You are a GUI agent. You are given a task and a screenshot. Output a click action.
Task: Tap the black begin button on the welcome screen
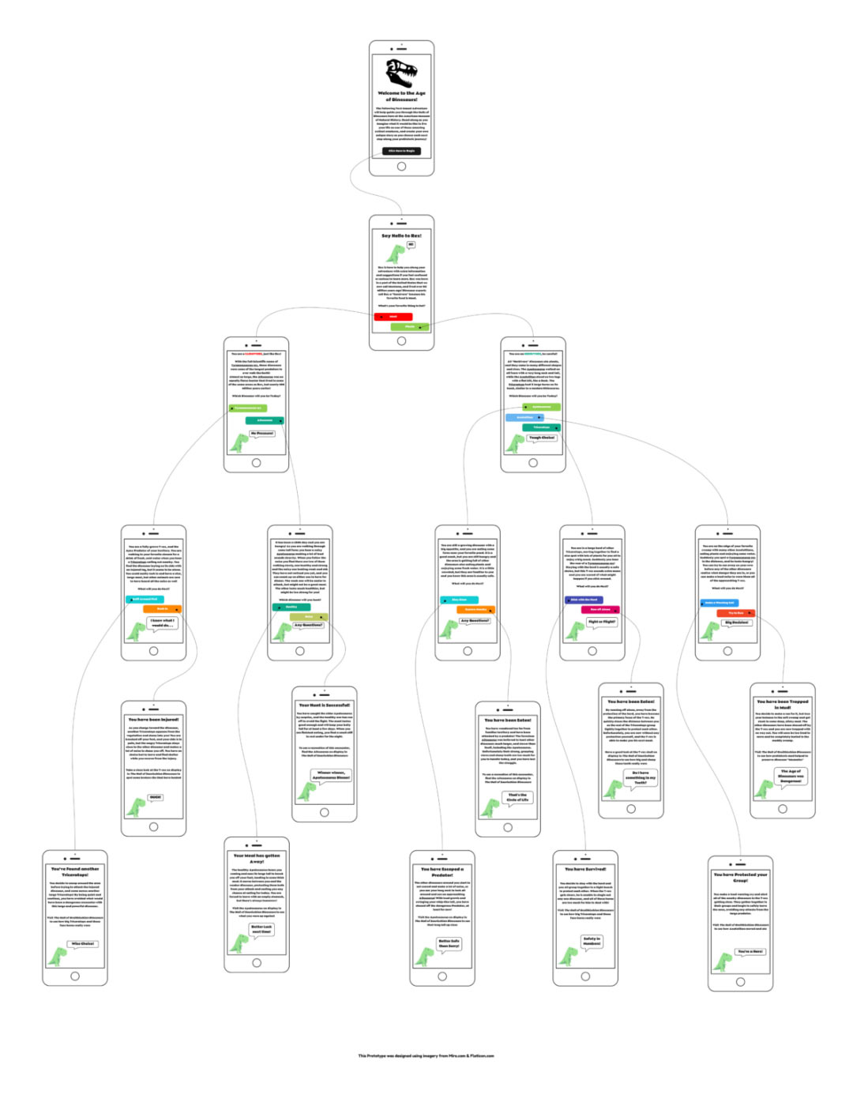tap(401, 151)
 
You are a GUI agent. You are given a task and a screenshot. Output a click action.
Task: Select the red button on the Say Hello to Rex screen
tap(393, 317)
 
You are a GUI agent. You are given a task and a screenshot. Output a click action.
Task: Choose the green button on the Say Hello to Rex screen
tap(410, 326)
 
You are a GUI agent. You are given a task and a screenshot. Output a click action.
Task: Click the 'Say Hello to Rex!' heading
tap(401, 235)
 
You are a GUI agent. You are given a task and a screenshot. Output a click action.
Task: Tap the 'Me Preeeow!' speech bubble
tap(262, 434)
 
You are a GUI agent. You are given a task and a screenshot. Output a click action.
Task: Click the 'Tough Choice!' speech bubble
tap(542, 438)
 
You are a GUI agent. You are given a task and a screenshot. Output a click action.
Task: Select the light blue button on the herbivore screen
tap(524, 417)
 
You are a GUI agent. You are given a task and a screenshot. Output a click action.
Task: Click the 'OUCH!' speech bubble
tap(156, 797)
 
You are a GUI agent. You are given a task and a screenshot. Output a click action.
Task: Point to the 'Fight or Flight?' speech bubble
tap(602, 622)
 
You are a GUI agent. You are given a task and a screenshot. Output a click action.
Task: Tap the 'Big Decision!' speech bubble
tap(736, 622)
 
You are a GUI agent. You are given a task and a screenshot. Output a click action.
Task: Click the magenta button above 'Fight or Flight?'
tap(600, 609)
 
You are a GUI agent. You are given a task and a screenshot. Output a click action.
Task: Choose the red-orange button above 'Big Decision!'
tap(736, 613)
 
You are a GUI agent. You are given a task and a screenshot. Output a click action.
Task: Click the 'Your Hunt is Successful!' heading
tap(324, 705)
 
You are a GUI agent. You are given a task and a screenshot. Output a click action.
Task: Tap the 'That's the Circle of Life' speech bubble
tap(518, 798)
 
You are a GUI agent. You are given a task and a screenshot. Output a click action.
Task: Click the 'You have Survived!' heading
tap(585, 869)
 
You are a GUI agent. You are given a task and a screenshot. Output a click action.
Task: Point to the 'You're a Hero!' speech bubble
tap(750, 951)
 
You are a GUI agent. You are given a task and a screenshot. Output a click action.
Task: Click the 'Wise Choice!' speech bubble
tap(83, 943)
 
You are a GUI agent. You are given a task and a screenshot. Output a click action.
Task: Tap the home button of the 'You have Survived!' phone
tap(585, 977)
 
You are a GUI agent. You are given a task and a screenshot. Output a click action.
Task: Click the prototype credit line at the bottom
tap(426, 1055)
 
